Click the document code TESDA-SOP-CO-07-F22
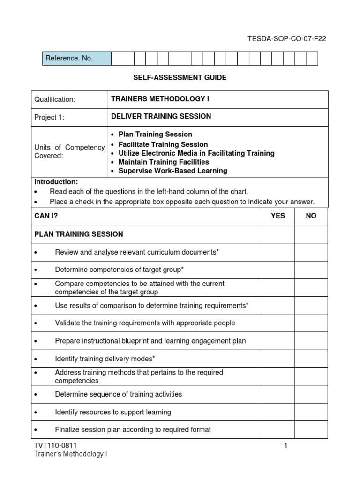coord(286,39)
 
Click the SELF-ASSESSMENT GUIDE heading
coord(180,78)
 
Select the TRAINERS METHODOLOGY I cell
coord(218,99)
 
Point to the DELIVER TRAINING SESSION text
coord(161,117)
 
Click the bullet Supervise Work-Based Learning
coord(172,171)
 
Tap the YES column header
coord(278,216)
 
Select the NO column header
coord(311,216)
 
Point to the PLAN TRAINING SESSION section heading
coord(79,234)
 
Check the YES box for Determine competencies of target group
coord(278,270)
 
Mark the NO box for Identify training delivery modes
coord(311,359)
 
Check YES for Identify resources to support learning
coord(278,412)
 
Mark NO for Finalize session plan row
coord(311,429)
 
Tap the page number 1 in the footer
coord(285,446)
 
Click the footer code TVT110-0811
coord(55,446)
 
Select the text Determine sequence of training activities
coord(119,394)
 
